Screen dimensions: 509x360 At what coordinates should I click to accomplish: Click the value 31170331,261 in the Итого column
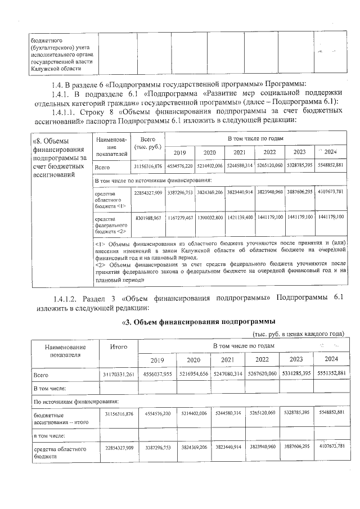pos(119,374)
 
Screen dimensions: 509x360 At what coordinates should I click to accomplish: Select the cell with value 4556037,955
pos(157,374)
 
